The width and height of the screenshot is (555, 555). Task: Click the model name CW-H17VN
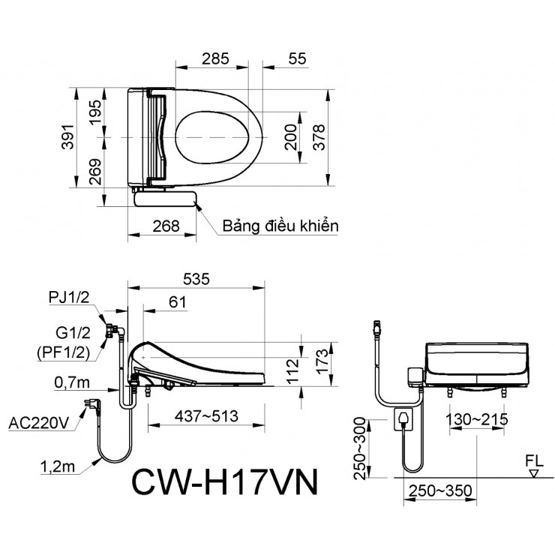click(x=224, y=482)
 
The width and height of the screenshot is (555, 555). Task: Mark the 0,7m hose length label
click(x=73, y=382)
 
